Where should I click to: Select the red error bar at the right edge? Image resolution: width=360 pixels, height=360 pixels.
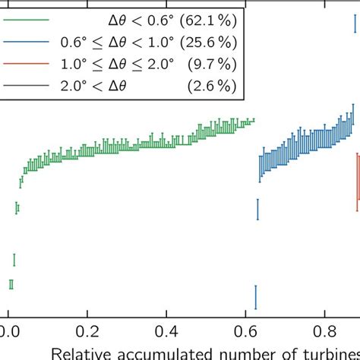(x=358, y=182)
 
